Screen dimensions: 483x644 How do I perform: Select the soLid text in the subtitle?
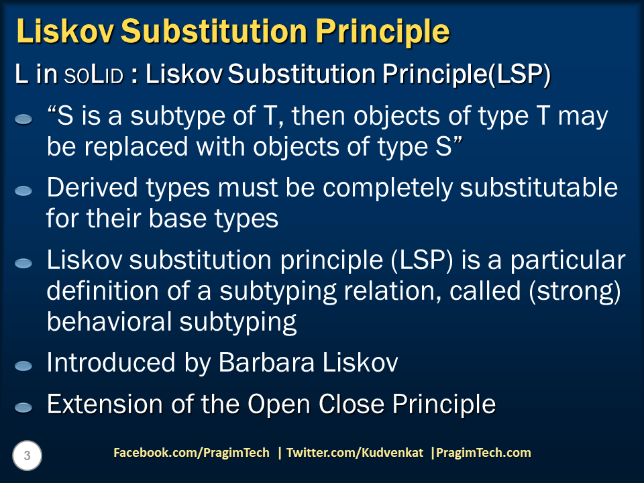[x=94, y=76]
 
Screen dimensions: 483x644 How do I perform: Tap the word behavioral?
[x=107, y=322]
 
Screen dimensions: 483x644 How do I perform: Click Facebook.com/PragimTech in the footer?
[x=191, y=453]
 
